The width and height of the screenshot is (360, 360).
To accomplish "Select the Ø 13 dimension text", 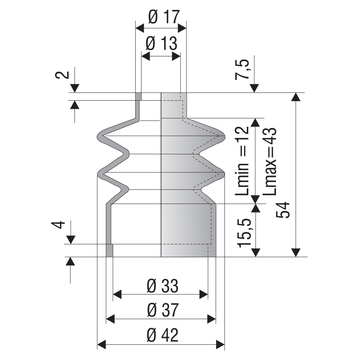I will point(161,44).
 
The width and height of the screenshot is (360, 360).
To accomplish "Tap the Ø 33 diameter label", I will point(162,286).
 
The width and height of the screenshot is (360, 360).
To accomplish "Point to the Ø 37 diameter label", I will point(162,311).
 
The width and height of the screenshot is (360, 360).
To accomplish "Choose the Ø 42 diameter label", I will point(162,335).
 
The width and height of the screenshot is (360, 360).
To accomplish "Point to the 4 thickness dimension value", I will point(58,225).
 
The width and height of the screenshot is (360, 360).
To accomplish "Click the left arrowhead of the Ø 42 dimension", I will point(101,344).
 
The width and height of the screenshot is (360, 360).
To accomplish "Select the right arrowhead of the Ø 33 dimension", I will point(204,295).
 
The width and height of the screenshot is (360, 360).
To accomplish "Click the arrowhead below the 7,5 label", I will point(254,88).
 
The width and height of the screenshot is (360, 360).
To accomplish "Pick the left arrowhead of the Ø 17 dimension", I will point(140,27).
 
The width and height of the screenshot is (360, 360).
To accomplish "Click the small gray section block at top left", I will point(139,96).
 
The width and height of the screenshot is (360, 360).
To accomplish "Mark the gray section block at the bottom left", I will point(110,250).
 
